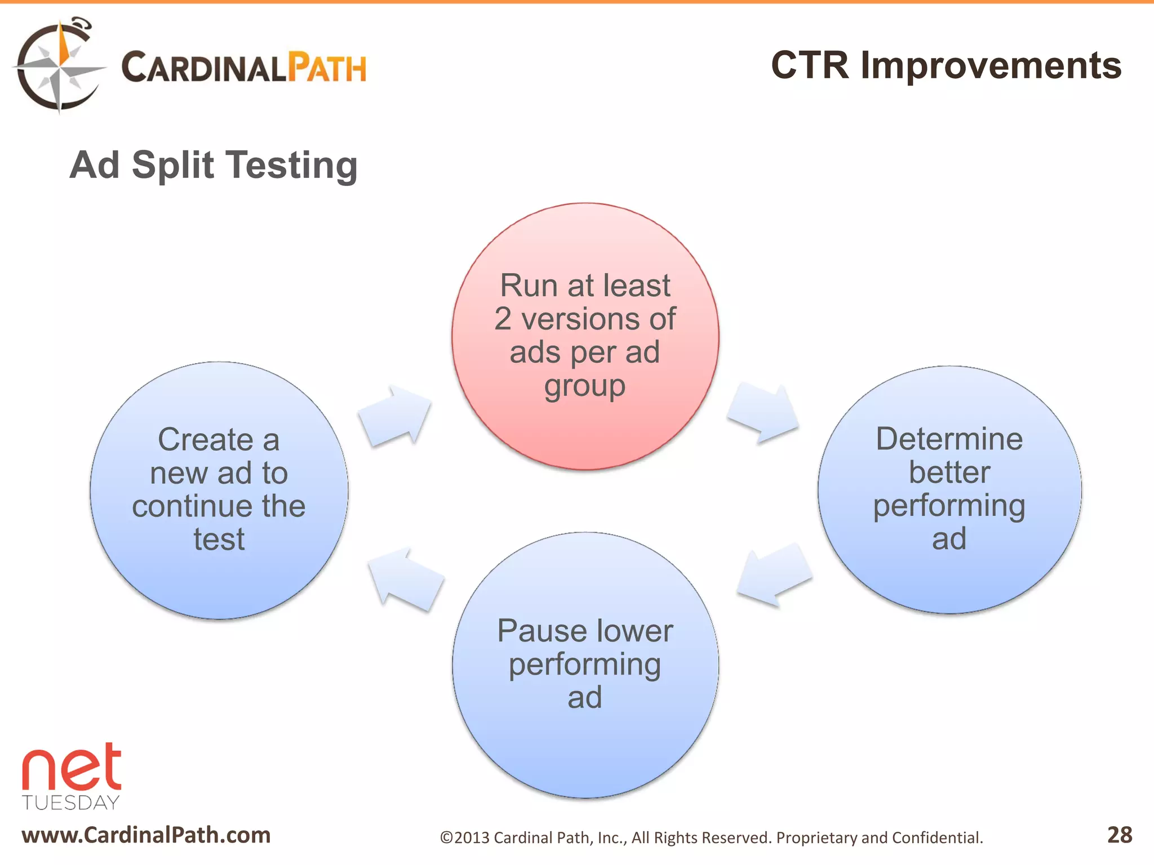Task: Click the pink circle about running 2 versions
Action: tap(585, 336)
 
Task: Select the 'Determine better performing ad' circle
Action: tap(949, 489)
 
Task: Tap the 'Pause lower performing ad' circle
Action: tap(585, 665)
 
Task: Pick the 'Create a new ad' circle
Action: tap(219, 490)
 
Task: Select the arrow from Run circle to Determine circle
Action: tap(764, 413)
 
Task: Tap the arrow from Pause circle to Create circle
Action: tap(405, 580)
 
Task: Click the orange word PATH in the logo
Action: tap(327, 68)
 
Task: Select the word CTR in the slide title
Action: tap(809, 65)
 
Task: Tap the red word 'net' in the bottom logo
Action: tap(72, 768)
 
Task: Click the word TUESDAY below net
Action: tap(71, 802)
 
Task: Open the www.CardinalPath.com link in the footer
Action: tap(146, 835)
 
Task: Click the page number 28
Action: tap(1119, 835)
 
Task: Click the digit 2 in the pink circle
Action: tap(503, 319)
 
